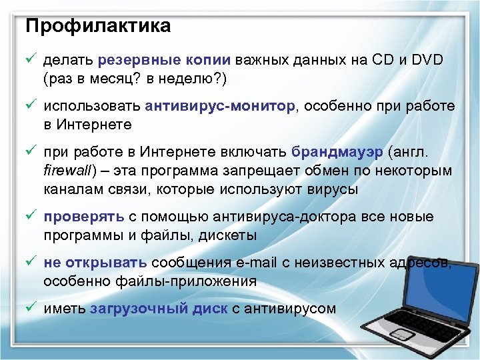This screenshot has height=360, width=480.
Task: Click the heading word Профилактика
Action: coord(97,26)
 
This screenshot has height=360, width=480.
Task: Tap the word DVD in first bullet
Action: coord(427,60)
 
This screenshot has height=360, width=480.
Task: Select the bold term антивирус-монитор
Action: coord(219,106)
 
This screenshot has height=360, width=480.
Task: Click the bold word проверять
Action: coord(84,217)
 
